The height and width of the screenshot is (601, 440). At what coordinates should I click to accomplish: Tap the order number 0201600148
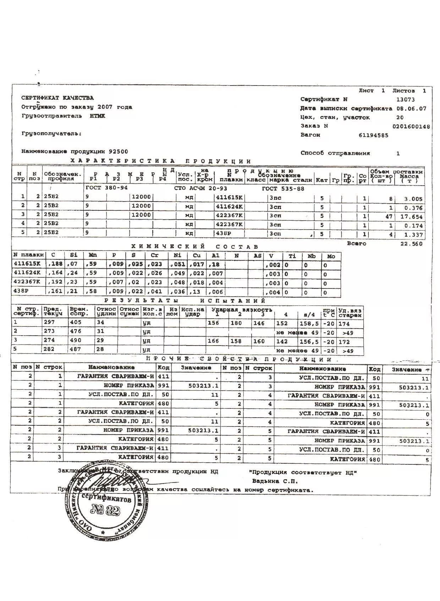[x=411, y=126]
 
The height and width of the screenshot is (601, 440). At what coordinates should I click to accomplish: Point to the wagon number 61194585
[x=374, y=135]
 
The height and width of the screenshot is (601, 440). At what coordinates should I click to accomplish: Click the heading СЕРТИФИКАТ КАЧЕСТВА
[x=57, y=98]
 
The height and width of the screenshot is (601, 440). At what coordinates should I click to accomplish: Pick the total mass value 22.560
[x=412, y=244]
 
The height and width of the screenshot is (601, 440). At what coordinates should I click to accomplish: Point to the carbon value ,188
[x=55, y=265]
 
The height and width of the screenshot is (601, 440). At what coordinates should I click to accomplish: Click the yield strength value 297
[x=49, y=322]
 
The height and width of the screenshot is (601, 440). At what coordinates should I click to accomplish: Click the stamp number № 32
[x=106, y=511]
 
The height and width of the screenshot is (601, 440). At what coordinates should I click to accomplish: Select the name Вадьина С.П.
[x=275, y=481]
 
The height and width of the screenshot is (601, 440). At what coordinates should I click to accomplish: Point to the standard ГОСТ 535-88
[x=283, y=189]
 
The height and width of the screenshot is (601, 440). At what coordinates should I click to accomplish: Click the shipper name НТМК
[x=97, y=116]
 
